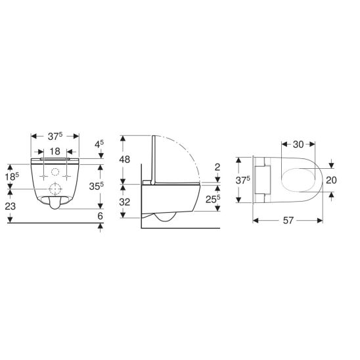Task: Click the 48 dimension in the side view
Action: (x=124, y=160)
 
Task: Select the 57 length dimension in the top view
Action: (x=288, y=221)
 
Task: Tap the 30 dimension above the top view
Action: (x=298, y=145)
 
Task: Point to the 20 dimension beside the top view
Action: (x=331, y=180)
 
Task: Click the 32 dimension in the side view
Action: (x=124, y=202)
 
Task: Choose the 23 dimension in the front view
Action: (x=11, y=206)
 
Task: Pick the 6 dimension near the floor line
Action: (x=100, y=216)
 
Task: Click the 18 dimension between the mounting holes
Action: (x=55, y=152)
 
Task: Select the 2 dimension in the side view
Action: (x=217, y=167)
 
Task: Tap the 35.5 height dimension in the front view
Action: (x=97, y=186)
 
